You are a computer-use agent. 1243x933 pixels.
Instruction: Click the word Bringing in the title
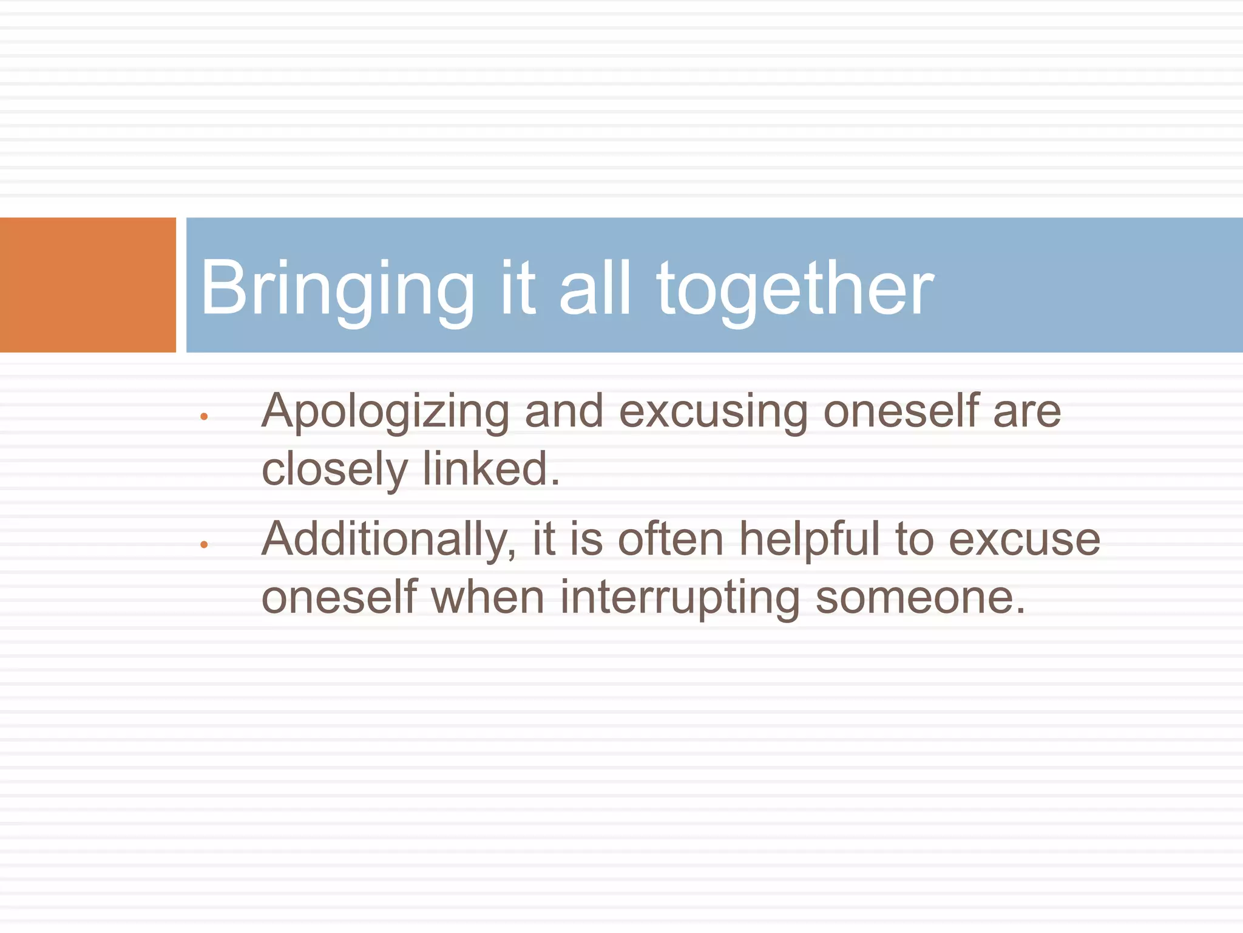(337, 289)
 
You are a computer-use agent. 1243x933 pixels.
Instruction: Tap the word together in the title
(795, 289)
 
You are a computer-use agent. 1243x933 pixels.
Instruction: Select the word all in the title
(595, 289)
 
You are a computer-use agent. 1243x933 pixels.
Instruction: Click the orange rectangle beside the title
(88, 285)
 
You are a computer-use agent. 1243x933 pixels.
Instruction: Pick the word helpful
(810, 539)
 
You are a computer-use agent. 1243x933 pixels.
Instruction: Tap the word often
(671, 539)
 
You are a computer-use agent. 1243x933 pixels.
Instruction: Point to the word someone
(920, 598)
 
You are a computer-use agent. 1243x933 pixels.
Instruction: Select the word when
(488, 598)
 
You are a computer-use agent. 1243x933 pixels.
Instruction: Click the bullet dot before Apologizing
(204, 417)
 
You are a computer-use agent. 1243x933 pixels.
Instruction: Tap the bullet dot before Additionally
(204, 545)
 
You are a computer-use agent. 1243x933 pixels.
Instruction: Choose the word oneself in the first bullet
(901, 412)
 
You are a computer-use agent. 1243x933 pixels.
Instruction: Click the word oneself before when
(339, 598)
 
